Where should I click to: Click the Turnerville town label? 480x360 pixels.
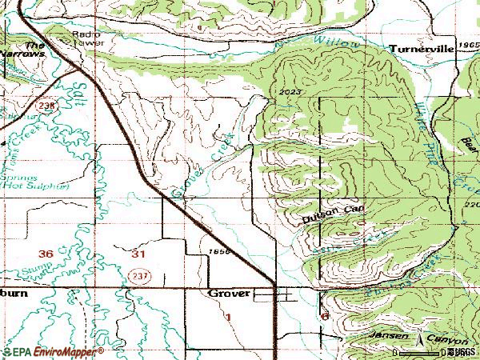[x=422, y=49]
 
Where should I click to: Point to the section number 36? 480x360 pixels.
[x=46, y=254]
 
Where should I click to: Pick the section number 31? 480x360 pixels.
[x=138, y=254]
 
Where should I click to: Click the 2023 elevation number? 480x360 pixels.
[x=292, y=92]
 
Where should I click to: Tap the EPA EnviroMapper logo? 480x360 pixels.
[x=53, y=351]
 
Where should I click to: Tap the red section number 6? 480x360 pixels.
[x=325, y=317]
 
